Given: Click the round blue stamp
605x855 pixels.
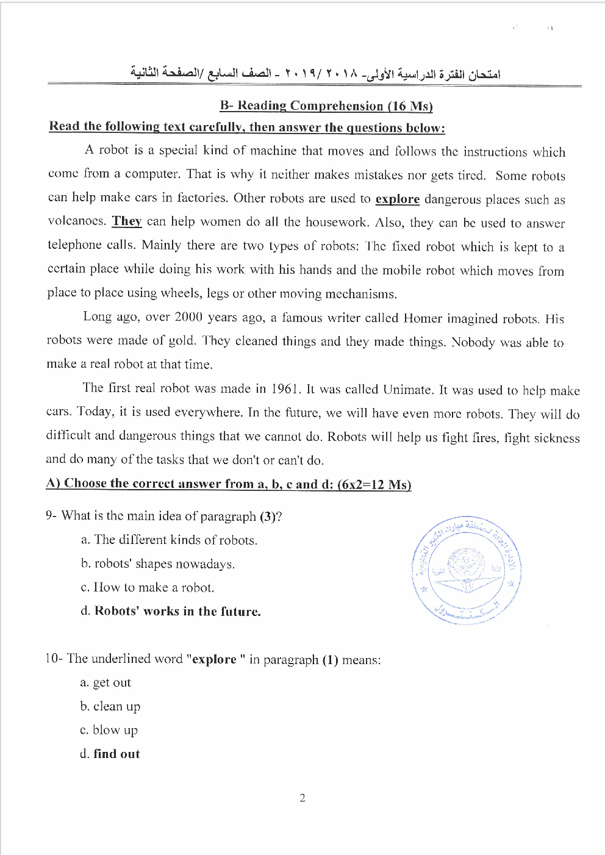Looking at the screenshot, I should [x=467, y=571].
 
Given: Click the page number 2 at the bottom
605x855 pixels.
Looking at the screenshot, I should [x=302, y=798].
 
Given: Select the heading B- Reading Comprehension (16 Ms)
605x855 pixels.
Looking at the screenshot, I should [x=326, y=106].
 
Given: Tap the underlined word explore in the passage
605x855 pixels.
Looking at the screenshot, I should [x=397, y=199].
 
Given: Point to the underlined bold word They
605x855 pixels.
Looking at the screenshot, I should [x=127, y=221].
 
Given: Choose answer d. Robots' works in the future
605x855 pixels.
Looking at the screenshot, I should [x=171, y=611].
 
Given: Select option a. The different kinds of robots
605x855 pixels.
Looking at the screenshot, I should [x=169, y=540].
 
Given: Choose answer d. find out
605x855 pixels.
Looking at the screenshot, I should [x=110, y=754].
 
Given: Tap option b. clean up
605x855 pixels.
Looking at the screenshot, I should [x=110, y=706].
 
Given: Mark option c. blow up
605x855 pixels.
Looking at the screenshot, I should [x=109, y=730].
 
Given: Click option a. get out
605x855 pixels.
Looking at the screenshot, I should [x=106, y=682].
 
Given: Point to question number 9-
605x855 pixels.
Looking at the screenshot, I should [x=51, y=515].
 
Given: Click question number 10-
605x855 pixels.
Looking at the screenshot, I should [x=54, y=659].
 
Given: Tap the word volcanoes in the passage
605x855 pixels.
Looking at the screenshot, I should [x=76, y=221].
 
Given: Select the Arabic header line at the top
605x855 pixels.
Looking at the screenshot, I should [x=315, y=74].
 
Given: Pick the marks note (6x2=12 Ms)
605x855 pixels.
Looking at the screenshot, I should [x=374, y=484].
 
